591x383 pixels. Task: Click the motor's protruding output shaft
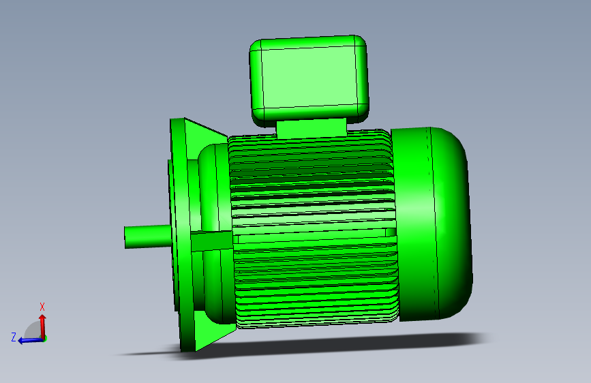[148, 236]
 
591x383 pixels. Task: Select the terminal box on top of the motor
[309, 79]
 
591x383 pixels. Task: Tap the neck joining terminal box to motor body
[312, 128]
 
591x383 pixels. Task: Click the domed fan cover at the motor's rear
[432, 224]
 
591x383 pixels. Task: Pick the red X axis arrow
[42, 326]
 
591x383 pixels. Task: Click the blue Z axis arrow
[31, 340]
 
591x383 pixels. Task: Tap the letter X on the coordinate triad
[42, 307]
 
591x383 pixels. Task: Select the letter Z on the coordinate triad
[14, 337]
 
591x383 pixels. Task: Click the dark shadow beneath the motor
[301, 345]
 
